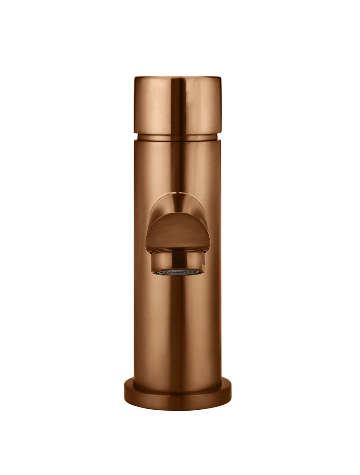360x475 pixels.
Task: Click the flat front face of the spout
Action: pyautogui.click(x=177, y=232)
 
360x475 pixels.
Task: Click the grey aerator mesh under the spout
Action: pyautogui.click(x=178, y=272)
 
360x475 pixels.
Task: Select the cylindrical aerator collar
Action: pyautogui.click(x=177, y=260)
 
